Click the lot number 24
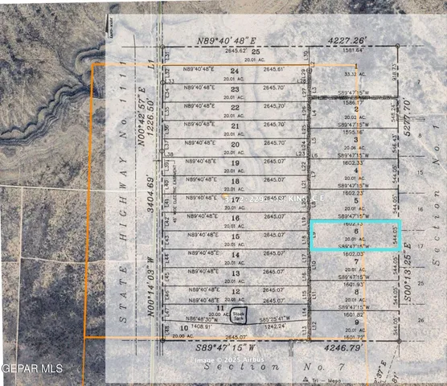(x=235, y=71)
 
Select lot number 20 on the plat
(x=235, y=144)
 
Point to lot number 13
(x=235, y=273)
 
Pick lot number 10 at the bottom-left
(x=183, y=328)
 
